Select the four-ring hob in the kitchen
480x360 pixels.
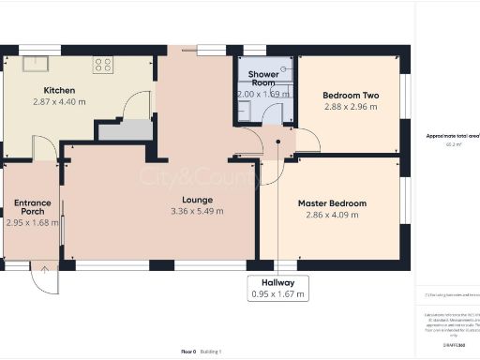pyautogui.click(x=102, y=65)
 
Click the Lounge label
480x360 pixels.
pyautogui.click(x=198, y=200)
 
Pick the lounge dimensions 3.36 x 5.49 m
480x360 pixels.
pyautogui.click(x=198, y=212)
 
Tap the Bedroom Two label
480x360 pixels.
pyautogui.click(x=350, y=96)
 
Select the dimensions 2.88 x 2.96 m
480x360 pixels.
pyautogui.click(x=350, y=107)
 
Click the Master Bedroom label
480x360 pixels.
pyautogui.click(x=332, y=203)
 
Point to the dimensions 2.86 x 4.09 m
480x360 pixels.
pyautogui.click(x=332, y=216)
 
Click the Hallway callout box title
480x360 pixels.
pyautogui.click(x=278, y=283)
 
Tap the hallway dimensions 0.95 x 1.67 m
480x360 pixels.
pyautogui.click(x=278, y=295)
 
